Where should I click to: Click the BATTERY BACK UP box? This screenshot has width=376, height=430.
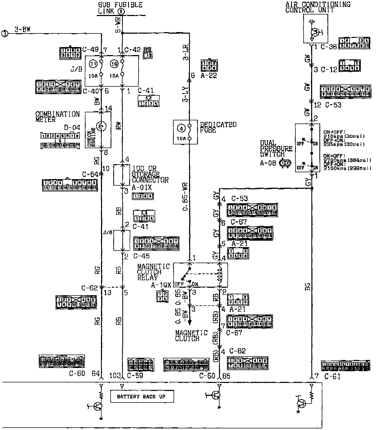142,396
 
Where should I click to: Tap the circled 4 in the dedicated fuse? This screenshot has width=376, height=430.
182,129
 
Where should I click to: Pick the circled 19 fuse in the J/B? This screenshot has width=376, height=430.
114,64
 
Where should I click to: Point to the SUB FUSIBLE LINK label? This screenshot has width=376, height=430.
120,8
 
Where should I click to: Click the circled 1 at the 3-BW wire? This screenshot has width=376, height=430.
5,34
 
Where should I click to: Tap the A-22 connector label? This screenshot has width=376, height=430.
209,76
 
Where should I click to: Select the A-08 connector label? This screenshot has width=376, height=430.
268,163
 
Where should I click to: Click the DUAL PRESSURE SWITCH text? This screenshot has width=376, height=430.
276,149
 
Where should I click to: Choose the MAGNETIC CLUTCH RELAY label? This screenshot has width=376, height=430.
153,272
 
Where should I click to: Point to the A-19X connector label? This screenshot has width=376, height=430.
161,285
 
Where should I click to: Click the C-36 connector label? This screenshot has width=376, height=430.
328,47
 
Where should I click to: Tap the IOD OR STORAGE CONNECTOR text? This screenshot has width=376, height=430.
150,174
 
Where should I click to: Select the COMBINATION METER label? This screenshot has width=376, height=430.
57,117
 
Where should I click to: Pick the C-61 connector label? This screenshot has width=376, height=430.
332,377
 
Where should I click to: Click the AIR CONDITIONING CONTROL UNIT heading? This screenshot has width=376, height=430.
318,7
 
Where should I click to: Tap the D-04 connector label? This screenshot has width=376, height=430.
72,127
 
